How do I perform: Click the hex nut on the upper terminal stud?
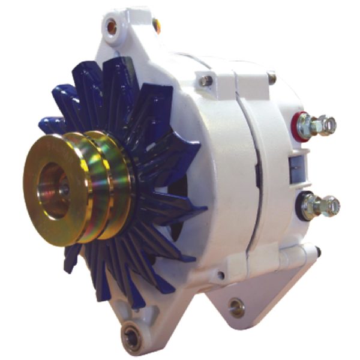coord(310,125)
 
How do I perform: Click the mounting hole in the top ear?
coord(112,26)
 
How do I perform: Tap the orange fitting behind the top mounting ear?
coord(157,25)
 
